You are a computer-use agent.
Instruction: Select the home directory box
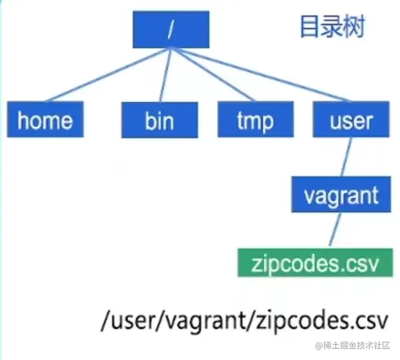(45, 120)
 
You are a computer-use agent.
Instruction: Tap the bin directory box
(159, 120)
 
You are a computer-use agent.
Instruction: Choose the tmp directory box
(254, 120)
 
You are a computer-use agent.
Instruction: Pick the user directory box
(352, 120)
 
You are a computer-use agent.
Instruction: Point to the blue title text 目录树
(332, 27)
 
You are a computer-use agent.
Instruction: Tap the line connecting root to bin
(165, 76)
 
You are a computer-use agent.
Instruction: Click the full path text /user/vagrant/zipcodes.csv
(244, 321)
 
